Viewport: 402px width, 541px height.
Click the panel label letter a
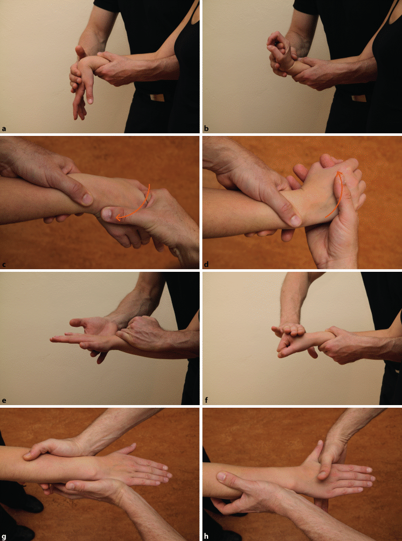click(x=4, y=129)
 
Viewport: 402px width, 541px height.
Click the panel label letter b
click(x=206, y=129)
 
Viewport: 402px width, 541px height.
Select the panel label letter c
click(x=4, y=265)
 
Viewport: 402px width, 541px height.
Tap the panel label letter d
click(x=206, y=265)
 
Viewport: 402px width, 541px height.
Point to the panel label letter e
click(x=4, y=401)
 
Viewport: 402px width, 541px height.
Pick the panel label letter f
click(x=206, y=401)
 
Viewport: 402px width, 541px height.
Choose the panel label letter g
click(x=4, y=537)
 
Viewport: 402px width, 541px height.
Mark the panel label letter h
click(x=206, y=537)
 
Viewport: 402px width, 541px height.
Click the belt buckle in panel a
click(x=157, y=98)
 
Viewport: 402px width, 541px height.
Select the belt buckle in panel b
click(x=359, y=98)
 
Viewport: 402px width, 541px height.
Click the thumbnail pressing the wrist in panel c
click(x=108, y=214)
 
